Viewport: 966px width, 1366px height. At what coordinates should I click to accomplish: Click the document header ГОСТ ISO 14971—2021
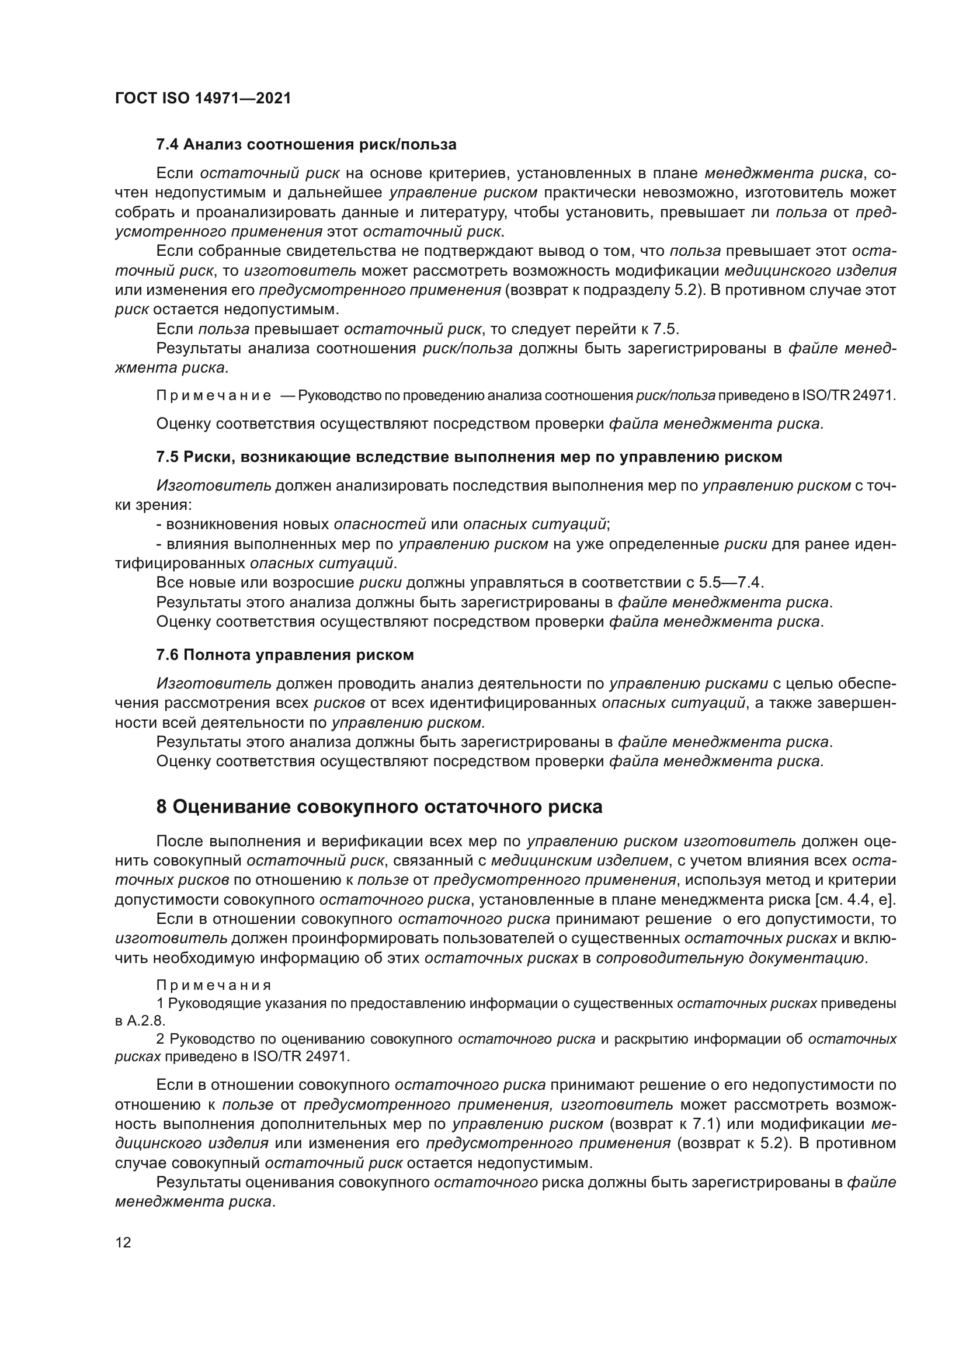coord(203,99)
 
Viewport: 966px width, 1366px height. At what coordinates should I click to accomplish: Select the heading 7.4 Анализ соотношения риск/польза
coord(305,145)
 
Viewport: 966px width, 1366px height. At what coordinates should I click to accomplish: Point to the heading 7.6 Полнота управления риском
coord(284,655)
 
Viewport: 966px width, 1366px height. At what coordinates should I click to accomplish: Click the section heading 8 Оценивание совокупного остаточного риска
coord(379,807)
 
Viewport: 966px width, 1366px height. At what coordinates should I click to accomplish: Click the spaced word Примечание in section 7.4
coord(214,395)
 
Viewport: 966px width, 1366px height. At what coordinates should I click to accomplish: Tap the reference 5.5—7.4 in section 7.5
coord(737,582)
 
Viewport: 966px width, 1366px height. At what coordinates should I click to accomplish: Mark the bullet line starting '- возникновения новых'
coord(383,524)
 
